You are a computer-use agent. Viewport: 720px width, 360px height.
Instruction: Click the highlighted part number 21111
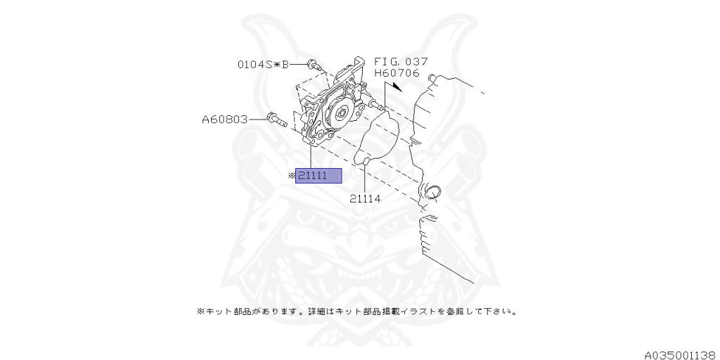coord(319,176)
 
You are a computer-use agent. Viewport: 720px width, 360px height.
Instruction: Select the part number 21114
coord(365,199)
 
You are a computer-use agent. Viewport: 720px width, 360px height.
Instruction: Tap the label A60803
coord(225,120)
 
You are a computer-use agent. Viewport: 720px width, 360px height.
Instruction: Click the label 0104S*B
coord(263,65)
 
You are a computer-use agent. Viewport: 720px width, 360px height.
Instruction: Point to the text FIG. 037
coord(401,62)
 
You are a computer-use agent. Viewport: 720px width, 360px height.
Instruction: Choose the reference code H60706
coord(397,73)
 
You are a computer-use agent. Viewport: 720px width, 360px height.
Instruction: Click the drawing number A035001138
coord(679,355)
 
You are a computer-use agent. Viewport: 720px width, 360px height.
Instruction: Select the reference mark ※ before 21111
coord(291,176)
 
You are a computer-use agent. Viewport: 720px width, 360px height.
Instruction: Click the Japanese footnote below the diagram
coord(356,310)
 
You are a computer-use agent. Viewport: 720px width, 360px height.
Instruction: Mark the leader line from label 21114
coord(366,179)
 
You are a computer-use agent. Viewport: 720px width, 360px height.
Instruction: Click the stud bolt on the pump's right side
coord(376,106)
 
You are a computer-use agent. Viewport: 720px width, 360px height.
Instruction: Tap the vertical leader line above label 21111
coord(310,156)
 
